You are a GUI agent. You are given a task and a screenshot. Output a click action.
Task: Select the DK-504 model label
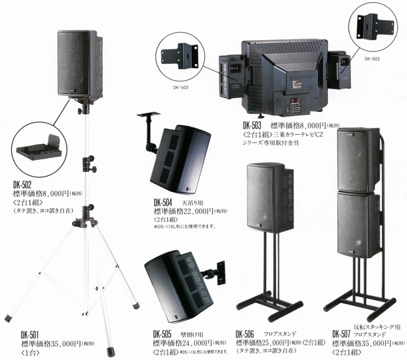[x=163, y=202]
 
